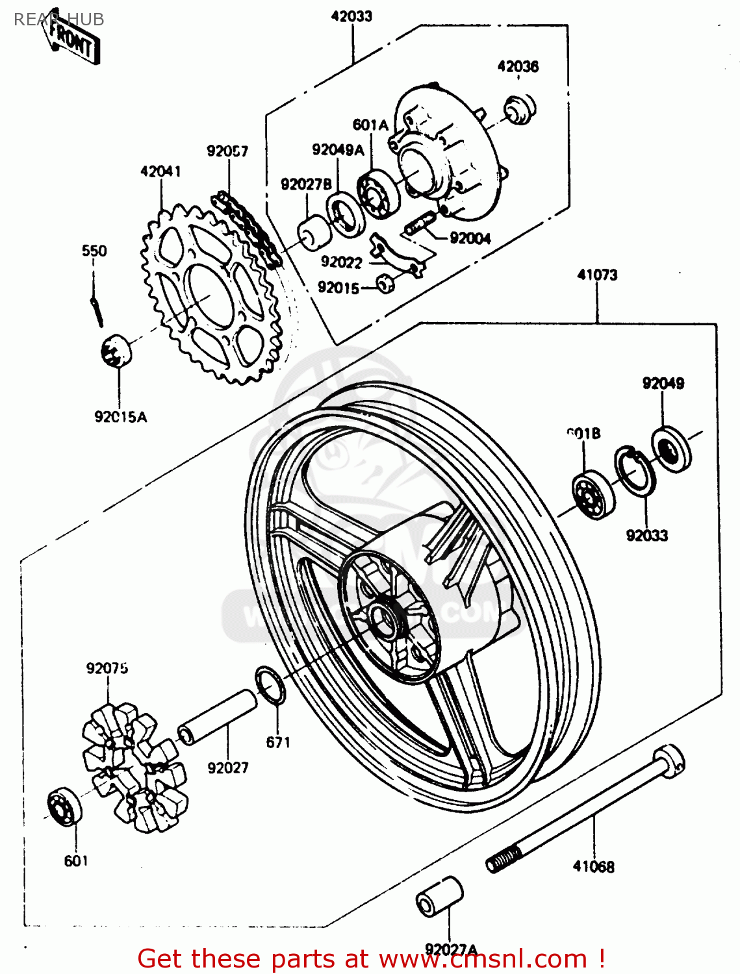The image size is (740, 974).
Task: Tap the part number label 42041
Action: [x=160, y=171]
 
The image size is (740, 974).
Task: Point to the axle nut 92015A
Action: [x=116, y=351]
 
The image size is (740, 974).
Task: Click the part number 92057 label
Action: [x=227, y=151]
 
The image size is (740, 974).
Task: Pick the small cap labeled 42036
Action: [x=520, y=108]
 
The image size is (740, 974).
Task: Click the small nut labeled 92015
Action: [x=386, y=284]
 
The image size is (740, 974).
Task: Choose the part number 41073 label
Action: [x=597, y=275]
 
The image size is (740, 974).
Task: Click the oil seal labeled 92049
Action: [x=671, y=448]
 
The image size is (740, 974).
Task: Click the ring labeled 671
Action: [x=270, y=684]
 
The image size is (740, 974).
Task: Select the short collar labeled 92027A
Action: [x=439, y=897]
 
